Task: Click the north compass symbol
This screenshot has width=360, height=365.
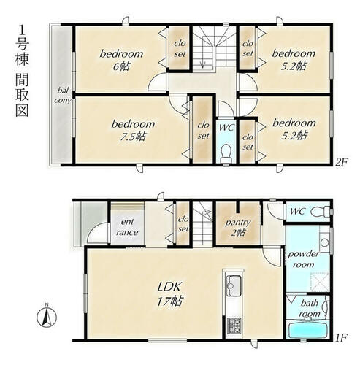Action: pyautogui.click(x=47, y=317)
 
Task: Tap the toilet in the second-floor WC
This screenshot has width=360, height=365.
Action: pyautogui.click(x=226, y=154)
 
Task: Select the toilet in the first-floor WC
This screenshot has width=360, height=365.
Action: pyautogui.click(x=320, y=211)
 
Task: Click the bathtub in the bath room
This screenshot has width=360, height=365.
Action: pyautogui.click(x=307, y=329)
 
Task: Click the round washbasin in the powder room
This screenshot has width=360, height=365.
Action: pyautogui.click(x=324, y=242)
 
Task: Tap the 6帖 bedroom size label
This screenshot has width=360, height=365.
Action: pyautogui.click(x=121, y=66)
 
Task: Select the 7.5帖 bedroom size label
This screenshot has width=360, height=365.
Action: pyautogui.click(x=133, y=137)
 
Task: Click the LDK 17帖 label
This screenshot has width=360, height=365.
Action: pyautogui.click(x=169, y=294)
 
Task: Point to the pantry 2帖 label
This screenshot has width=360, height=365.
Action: pyautogui.click(x=237, y=228)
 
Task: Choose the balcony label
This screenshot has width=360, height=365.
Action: pyautogui.click(x=63, y=96)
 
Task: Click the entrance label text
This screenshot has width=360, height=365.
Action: pyautogui.click(x=127, y=227)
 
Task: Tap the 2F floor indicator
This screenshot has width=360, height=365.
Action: pyautogui.click(x=342, y=162)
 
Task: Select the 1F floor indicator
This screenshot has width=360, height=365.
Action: pyautogui.click(x=341, y=337)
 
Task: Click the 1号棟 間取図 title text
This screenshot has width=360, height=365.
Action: pyautogui.click(x=23, y=72)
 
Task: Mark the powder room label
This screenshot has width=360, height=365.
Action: pyautogui.click(x=303, y=259)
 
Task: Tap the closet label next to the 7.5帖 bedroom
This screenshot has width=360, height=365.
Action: pyautogui.click(x=203, y=131)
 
